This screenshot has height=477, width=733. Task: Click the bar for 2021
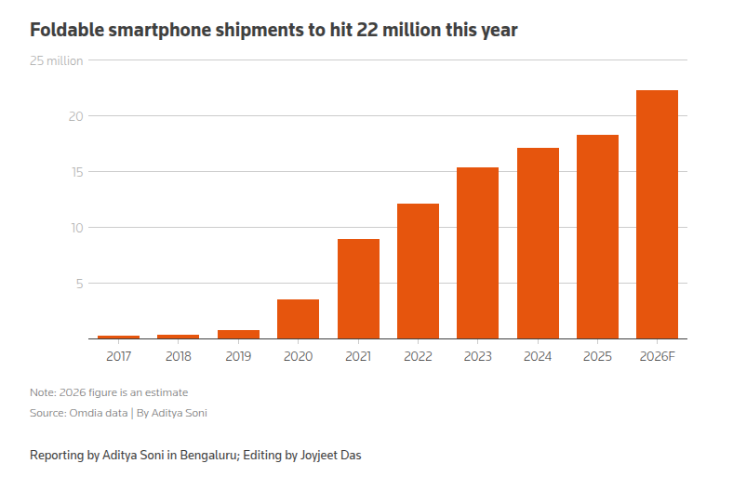point(358,289)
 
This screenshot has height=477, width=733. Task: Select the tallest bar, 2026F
point(658,215)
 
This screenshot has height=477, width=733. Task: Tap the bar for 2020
point(299,319)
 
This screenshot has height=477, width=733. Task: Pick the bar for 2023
point(478,253)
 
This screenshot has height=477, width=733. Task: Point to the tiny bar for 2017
point(119,337)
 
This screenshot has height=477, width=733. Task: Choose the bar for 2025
point(597,237)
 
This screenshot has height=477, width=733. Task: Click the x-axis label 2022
point(418,356)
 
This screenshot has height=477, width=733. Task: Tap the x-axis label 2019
point(238,356)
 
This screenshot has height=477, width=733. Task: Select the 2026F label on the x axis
point(658,356)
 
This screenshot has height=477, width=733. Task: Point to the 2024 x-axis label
point(538,356)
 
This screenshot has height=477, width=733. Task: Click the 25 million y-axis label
point(56,60)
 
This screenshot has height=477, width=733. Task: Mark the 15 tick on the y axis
point(77,172)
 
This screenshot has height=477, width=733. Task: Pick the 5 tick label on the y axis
point(80,284)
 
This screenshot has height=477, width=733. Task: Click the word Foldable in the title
point(67,30)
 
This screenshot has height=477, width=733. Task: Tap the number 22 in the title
point(367,30)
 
